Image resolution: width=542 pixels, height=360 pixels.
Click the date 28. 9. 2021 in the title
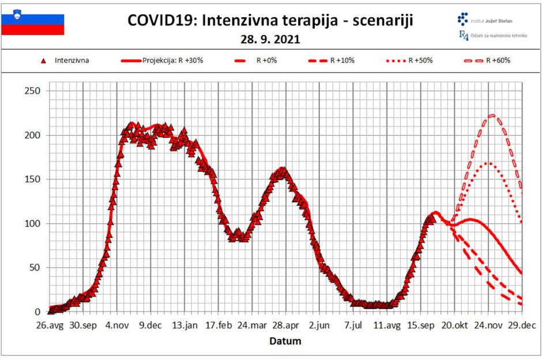click(x=270, y=41)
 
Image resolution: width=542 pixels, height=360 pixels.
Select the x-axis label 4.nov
click(x=116, y=325)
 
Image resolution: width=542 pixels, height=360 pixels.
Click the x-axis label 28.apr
click(x=285, y=325)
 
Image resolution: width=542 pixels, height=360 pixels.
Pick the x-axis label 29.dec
click(x=521, y=325)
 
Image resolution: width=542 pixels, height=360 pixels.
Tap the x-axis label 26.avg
click(x=50, y=325)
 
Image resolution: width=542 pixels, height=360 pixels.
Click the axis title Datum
click(x=285, y=341)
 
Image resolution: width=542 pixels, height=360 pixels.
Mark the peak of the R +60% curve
click(x=492, y=115)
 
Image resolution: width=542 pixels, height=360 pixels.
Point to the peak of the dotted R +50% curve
click(x=488, y=163)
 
